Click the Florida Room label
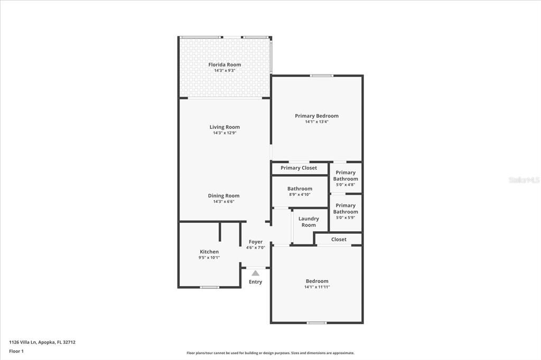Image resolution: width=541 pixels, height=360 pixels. tap(225, 64)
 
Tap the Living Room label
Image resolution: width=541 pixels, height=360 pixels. tap(225, 127)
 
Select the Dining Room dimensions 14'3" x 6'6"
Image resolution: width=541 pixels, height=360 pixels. tap(223, 202)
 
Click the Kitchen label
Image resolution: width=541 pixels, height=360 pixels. tap(209, 252)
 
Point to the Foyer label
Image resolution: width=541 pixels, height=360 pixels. tap(256, 242)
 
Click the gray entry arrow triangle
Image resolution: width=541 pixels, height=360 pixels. tap(256, 273)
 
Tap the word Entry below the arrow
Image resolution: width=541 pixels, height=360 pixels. tap(256, 282)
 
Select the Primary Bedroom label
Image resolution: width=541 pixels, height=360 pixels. tap(316, 116)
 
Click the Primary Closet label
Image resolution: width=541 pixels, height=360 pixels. tap(299, 168)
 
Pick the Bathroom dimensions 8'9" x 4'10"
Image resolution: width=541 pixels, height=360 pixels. tap(300, 195)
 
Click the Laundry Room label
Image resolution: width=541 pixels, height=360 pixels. tap(309, 222)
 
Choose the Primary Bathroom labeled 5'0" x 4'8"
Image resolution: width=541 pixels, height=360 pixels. tap(346, 178)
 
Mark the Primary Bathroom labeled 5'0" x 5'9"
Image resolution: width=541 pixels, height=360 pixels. tap(346, 211)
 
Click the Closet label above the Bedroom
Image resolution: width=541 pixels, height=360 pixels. tap(339, 239)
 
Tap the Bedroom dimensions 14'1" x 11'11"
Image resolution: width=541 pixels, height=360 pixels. tap(316, 287)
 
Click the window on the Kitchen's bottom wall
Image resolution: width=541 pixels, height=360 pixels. tap(210, 287)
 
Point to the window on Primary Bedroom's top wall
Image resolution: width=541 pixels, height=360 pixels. tap(321, 75)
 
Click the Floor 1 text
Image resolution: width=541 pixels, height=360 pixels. tap(16, 350)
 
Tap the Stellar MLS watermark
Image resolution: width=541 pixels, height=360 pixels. tap(524, 180)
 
